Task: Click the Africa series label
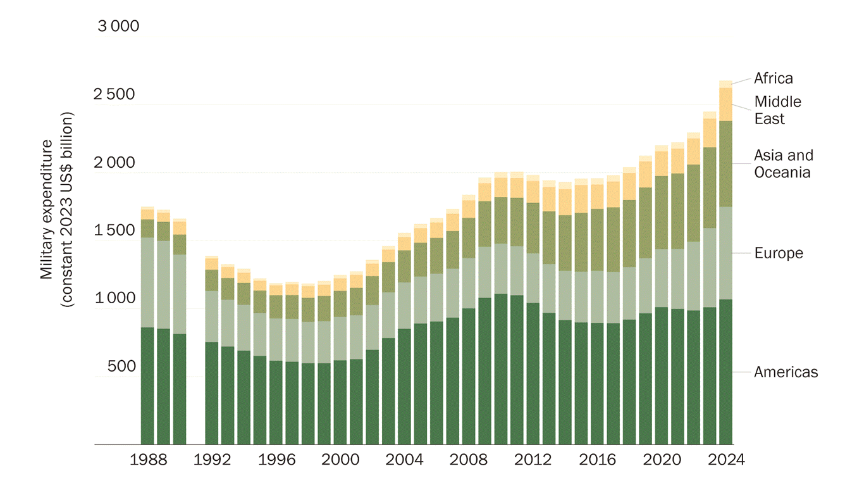coord(773,78)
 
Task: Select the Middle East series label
coord(777,110)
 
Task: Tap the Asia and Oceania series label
coord(783,163)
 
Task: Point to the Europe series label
coord(778,253)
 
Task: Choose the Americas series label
coord(786,372)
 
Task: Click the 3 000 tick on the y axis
coord(118,27)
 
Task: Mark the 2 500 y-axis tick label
coord(114,95)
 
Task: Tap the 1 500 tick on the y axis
coord(114,230)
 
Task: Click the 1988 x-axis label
coord(147,460)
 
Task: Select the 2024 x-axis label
coord(725,460)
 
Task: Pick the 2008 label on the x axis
coord(469,460)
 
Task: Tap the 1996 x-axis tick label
coord(276,460)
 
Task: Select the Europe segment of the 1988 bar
coord(147,282)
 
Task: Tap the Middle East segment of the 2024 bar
coord(725,104)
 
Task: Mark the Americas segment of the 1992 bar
coord(211,393)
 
